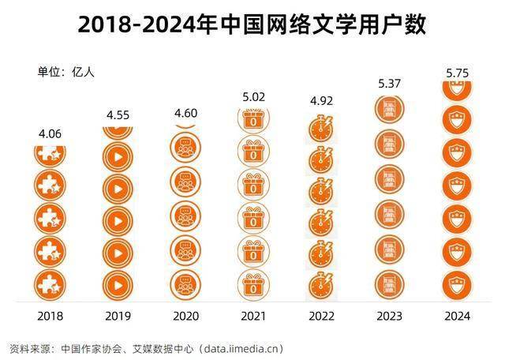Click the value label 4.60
[187, 114]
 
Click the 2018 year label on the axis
[50, 316]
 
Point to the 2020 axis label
[186, 316]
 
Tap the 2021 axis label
[253, 316]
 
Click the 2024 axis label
[457, 316]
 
